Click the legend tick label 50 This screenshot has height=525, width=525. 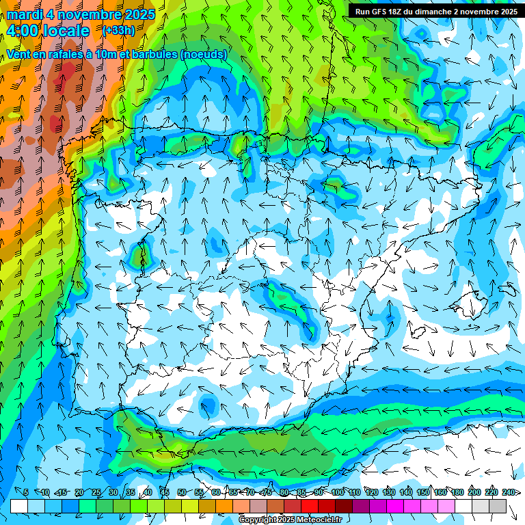pos(181,492)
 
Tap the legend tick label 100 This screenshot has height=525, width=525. pos(337,492)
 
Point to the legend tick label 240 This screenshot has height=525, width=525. pos(509,492)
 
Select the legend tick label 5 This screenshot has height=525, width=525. pos(26,492)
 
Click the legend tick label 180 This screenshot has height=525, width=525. pos(457,492)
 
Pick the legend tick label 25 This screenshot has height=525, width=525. pos(96,492)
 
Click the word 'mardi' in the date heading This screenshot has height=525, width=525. pos(25,14)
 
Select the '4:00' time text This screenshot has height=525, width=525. pos(23,31)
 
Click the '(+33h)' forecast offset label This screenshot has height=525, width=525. pos(118,31)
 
